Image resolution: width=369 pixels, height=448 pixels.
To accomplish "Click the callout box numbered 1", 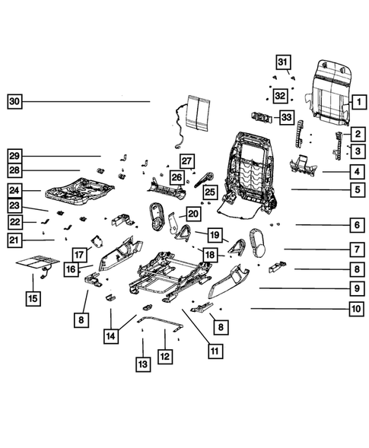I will pyautogui.click(x=355, y=100).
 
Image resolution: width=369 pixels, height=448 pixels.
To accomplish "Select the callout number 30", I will pyautogui.click(x=14, y=101).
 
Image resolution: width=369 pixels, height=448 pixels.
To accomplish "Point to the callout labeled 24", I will pyautogui.click(x=14, y=190).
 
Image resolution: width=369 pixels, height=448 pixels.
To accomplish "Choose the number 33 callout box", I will pyautogui.click(x=286, y=116).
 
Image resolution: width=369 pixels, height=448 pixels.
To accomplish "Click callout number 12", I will pyautogui.click(x=164, y=355).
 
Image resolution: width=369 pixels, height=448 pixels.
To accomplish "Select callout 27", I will pyautogui.click(x=187, y=160).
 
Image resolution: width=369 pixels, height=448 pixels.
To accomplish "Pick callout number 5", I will pyautogui.click(x=355, y=189).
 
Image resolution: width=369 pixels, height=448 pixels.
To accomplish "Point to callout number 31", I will pyautogui.click(x=282, y=61).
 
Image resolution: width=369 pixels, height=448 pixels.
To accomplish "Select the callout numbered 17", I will pyautogui.click(x=78, y=254).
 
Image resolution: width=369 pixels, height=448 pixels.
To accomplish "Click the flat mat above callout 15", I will pyautogui.click(x=36, y=264).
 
